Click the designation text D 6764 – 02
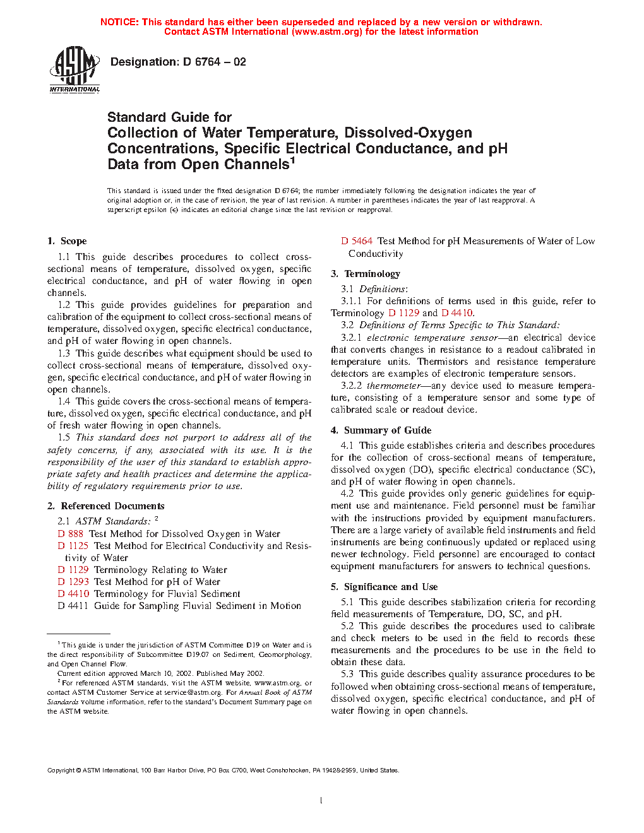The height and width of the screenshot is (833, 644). (x=178, y=62)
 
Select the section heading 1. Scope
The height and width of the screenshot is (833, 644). (x=67, y=241)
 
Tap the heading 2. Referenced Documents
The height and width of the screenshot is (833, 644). (x=105, y=506)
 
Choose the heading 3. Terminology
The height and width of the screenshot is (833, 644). (x=366, y=274)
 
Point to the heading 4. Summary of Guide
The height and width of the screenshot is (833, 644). (x=381, y=430)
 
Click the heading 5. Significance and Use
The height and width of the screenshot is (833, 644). (x=384, y=587)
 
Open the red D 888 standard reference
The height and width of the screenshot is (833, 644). (x=71, y=534)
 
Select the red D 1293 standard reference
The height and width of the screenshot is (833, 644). (x=73, y=582)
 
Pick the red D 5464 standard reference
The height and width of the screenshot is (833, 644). (x=357, y=241)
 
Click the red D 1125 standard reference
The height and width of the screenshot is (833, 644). (x=73, y=546)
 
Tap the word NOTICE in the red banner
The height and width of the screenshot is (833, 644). (x=119, y=22)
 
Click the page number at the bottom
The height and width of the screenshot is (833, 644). (x=321, y=801)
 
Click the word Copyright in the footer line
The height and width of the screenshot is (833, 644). (x=61, y=771)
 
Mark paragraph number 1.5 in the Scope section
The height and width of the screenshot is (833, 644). (x=64, y=437)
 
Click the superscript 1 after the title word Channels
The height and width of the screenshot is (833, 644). (x=292, y=160)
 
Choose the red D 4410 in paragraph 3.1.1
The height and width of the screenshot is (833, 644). (x=457, y=313)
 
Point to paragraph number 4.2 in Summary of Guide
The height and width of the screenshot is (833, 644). (x=347, y=493)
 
